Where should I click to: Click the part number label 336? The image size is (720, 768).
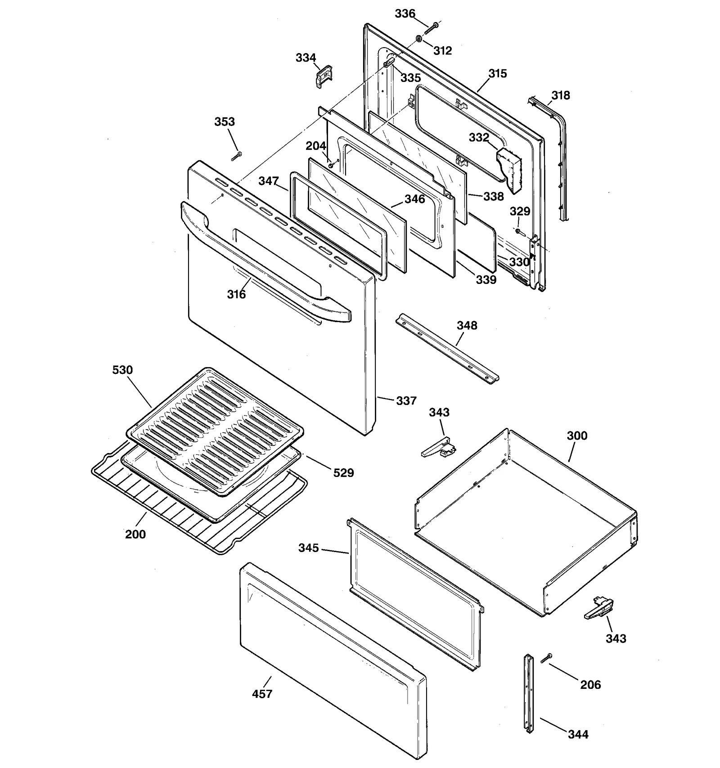[x=405, y=14]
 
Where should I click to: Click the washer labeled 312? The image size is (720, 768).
[x=418, y=39]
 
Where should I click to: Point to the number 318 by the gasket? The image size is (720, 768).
[x=560, y=95]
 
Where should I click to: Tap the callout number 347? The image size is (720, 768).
[x=268, y=181]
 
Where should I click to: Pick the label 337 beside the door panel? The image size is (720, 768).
[x=406, y=400]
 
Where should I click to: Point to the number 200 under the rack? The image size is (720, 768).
[x=135, y=534]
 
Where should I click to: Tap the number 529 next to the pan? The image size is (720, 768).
[x=343, y=472]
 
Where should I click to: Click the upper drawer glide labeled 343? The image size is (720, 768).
[x=438, y=448]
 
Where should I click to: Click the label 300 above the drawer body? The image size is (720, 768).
[x=577, y=436]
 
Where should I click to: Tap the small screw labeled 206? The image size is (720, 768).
[x=547, y=658]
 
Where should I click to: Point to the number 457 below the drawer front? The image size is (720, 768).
[x=262, y=694]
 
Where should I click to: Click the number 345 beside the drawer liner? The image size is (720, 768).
[x=308, y=548]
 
